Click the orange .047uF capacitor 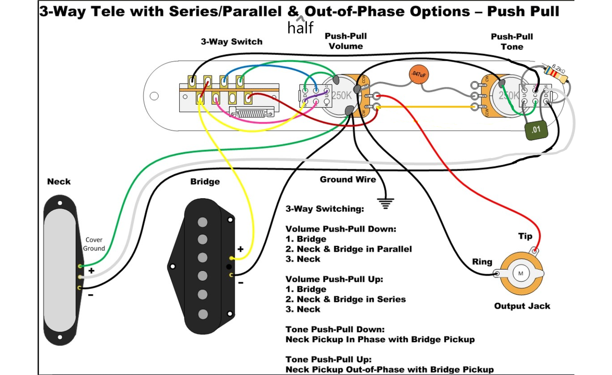point(419,75)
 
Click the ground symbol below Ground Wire point(384,204)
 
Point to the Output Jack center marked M point(521,273)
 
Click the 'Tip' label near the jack point(525,236)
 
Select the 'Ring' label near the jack point(482,262)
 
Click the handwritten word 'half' point(300,28)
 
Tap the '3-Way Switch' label point(231,42)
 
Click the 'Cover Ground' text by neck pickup point(94,244)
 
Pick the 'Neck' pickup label point(59,182)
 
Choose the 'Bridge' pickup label point(205,182)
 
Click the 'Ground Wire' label point(348,180)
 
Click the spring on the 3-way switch point(251,114)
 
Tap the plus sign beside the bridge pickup point(240,249)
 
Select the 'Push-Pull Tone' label point(512,42)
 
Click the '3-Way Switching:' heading point(325,209)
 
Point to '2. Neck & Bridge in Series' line point(346,300)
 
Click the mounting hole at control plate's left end point(154,96)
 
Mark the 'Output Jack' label point(522,306)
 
